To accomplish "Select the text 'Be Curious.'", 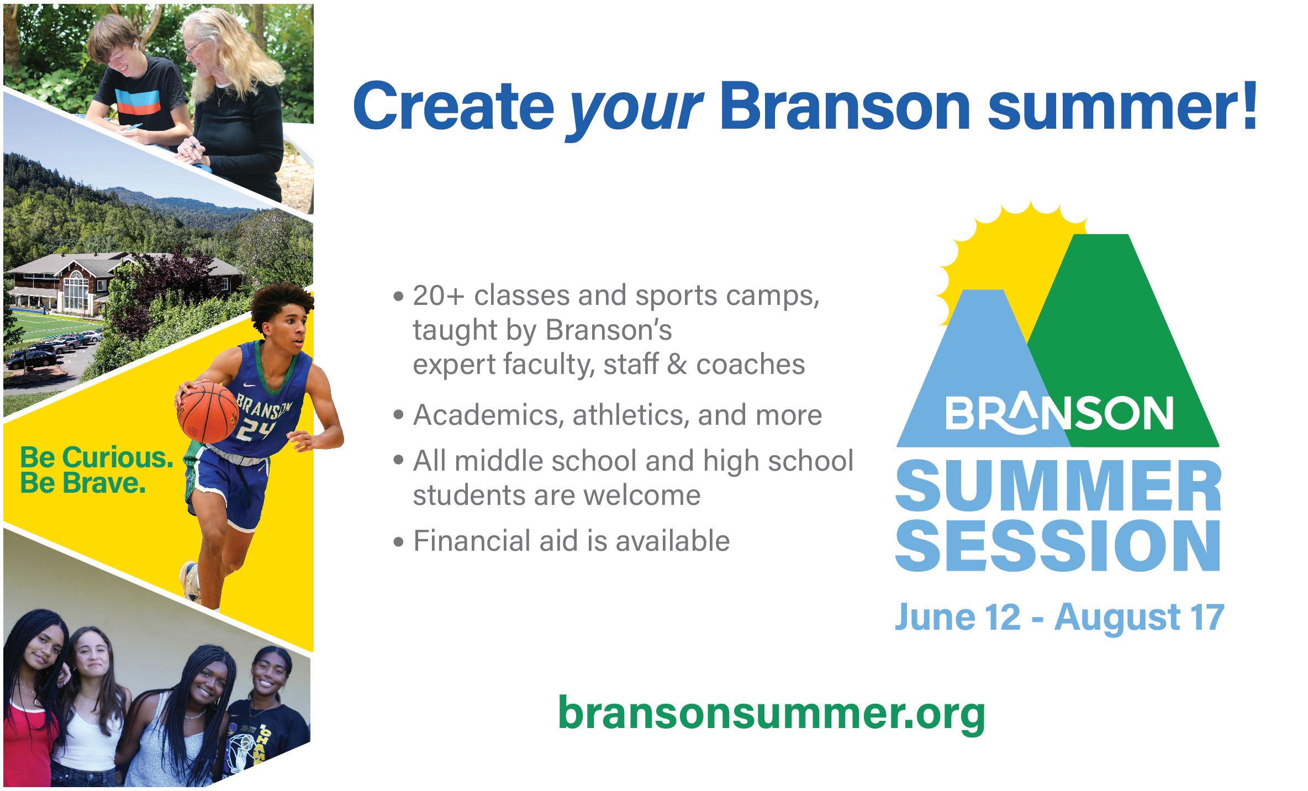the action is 97,458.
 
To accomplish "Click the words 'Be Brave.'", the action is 83,484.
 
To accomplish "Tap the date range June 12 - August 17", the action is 1059,618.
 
